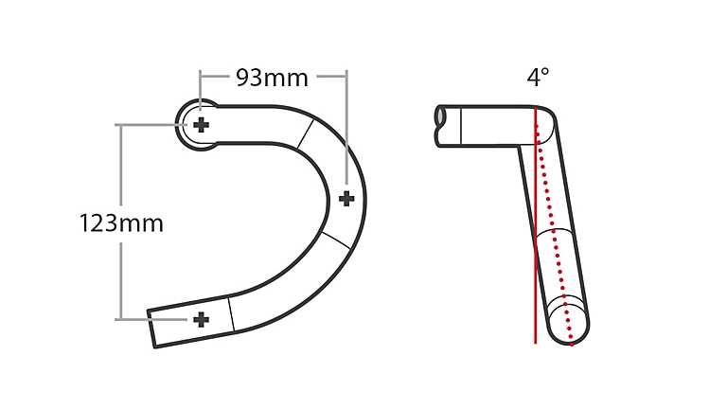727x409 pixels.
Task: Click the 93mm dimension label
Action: point(273,78)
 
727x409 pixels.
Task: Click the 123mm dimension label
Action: point(121,223)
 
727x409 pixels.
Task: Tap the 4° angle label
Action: point(538,78)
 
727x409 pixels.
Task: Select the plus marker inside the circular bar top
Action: point(201,125)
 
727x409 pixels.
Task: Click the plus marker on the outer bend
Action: point(346,198)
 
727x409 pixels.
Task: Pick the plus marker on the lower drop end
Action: point(201,319)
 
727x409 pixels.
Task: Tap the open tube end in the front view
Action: point(441,116)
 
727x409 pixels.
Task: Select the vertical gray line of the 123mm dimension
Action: point(120,275)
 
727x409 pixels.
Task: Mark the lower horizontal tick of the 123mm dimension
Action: point(133,320)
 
